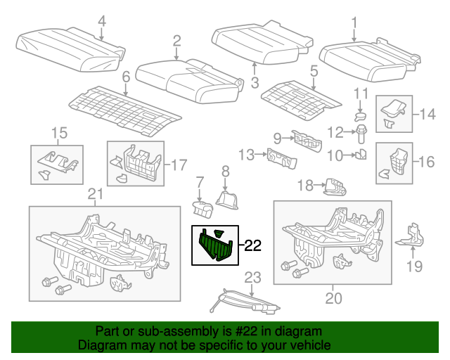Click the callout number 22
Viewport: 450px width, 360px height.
(x=252, y=246)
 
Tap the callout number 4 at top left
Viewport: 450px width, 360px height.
(x=102, y=21)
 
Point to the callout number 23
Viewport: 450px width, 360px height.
(x=252, y=277)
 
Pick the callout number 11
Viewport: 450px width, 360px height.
(x=361, y=94)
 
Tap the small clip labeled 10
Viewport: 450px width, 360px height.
(x=361, y=154)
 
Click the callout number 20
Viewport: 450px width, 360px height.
(x=333, y=298)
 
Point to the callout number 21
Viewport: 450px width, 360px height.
(x=95, y=194)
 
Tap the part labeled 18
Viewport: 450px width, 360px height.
(x=335, y=187)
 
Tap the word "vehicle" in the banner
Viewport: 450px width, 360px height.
(x=311, y=346)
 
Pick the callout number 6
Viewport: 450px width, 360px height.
(x=126, y=76)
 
